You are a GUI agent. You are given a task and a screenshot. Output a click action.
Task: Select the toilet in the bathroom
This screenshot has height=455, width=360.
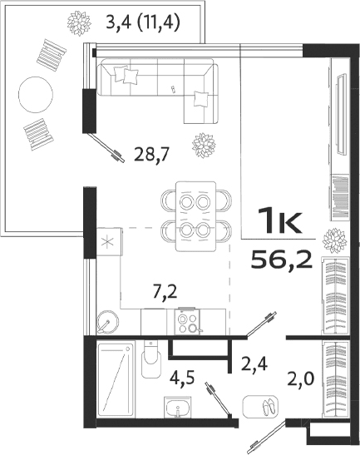(x=151, y=363)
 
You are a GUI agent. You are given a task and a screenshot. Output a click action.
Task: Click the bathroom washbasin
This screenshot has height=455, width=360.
(x=177, y=409)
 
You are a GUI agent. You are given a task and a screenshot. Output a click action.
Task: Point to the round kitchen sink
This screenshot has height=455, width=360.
(x=108, y=319)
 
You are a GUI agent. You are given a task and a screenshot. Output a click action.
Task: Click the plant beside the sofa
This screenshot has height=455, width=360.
(x=203, y=146)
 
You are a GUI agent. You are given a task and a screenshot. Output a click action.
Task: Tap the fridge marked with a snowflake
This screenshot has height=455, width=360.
(x=107, y=243)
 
